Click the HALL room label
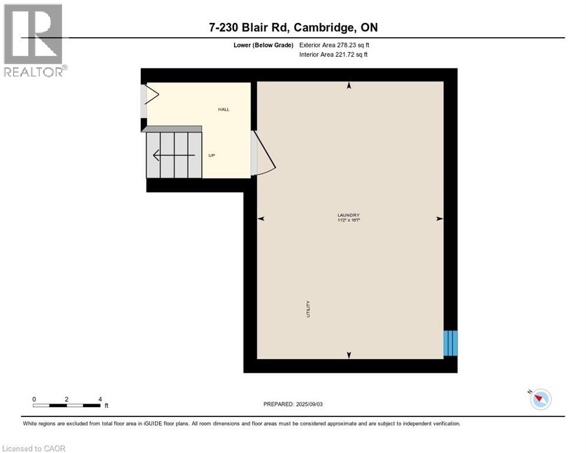pos(223,109)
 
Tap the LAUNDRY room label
pos(348,215)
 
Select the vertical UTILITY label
pos(308,310)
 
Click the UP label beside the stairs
pos(212,156)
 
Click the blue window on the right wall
pos(450,343)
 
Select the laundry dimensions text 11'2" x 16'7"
pos(348,220)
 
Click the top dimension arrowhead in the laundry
pos(349,86)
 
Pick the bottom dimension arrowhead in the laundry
pos(349,354)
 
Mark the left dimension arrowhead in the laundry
pos(261,219)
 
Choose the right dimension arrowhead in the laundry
pos(439,219)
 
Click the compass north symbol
pos(540,399)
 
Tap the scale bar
pos(67,405)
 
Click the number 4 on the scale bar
pos(100,399)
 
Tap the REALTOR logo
pos(34,40)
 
